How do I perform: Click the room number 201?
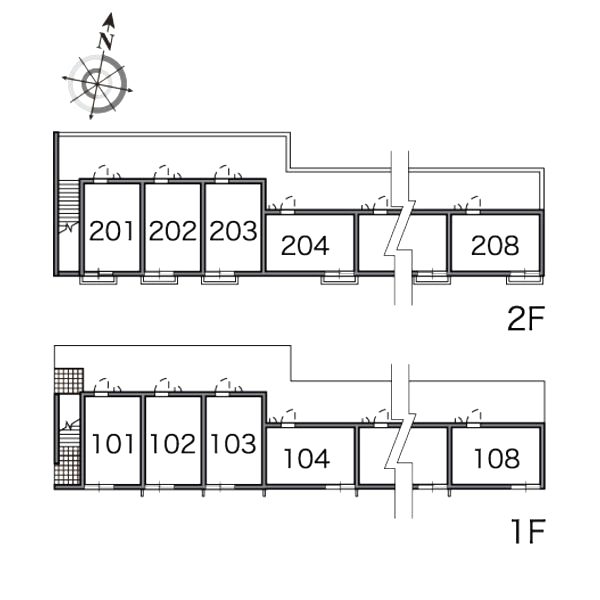click(x=111, y=231)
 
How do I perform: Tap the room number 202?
click(x=173, y=231)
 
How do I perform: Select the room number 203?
click(x=234, y=231)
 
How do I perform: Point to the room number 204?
click(x=305, y=245)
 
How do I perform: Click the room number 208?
click(x=496, y=245)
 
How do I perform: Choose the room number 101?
click(x=113, y=443)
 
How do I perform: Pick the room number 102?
click(x=174, y=443)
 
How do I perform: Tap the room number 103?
click(x=234, y=443)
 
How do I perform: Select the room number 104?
click(x=306, y=458)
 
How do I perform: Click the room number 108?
click(x=496, y=458)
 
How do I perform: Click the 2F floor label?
click(x=524, y=319)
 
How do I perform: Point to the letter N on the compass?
click(x=104, y=41)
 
